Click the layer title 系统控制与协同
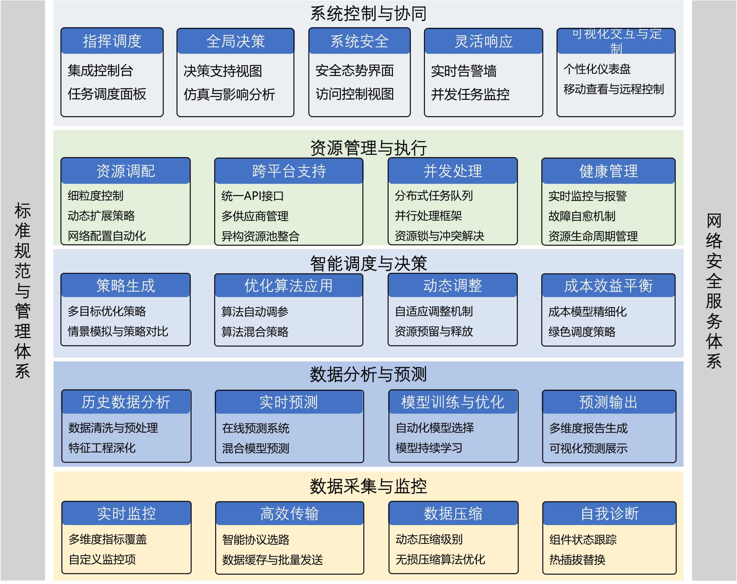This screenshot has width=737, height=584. [x=368, y=14]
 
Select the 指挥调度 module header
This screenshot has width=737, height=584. [x=112, y=41]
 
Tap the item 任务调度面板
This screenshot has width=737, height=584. [x=107, y=94]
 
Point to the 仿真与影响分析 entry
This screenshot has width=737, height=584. [x=229, y=94]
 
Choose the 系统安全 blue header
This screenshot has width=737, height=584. [x=359, y=41]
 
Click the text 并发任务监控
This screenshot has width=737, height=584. [x=470, y=94]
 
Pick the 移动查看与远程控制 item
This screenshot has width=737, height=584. [x=614, y=89]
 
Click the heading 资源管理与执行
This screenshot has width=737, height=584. [x=368, y=148]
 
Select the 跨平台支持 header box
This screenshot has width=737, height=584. [x=289, y=171]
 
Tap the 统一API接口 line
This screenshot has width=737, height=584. [x=252, y=196]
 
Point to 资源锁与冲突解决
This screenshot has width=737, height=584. [x=439, y=236]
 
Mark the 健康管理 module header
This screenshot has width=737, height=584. [x=608, y=171]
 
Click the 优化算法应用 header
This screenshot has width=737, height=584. [x=289, y=286]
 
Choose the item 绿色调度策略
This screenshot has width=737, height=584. [x=582, y=332]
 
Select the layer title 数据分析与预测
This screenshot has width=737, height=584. [x=368, y=374]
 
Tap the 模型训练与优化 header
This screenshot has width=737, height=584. [x=453, y=402]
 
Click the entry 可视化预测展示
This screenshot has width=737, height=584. [x=588, y=448]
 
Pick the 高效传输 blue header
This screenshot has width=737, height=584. [x=289, y=514]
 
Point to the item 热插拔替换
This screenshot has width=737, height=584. [x=577, y=560]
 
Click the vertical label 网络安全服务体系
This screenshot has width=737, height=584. [x=714, y=291]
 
